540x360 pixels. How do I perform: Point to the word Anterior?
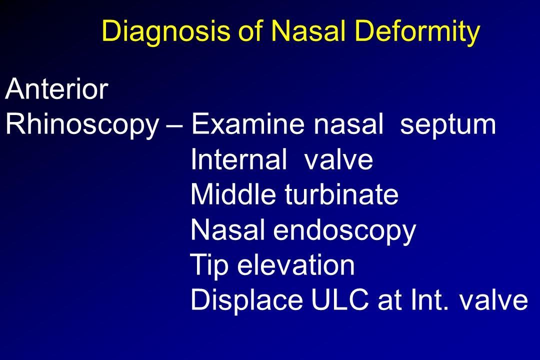pos(57,88)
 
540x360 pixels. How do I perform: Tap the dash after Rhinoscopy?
pos(174,127)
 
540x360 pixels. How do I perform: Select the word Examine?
pos(247,124)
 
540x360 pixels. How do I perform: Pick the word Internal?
pos(238,158)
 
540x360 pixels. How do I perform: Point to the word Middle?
pos(233,193)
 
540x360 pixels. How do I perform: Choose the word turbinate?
pos(341,193)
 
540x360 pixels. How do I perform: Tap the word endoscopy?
pos(344,232)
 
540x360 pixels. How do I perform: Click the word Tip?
pos(209,266)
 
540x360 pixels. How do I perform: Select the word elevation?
pos(296,264)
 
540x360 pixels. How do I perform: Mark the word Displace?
pos(246,300)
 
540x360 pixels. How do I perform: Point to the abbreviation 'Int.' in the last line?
pos(430,299)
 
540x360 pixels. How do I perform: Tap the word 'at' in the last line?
pos(390,300)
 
